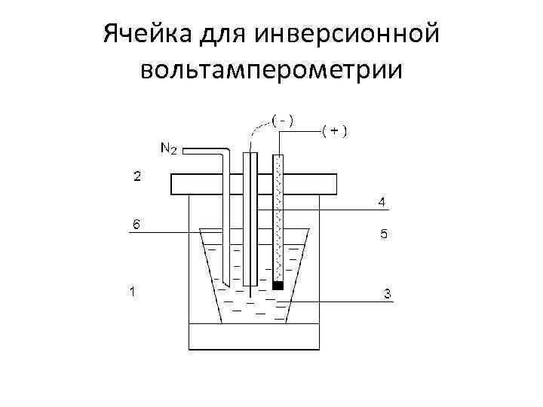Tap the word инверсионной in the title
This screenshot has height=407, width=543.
348,35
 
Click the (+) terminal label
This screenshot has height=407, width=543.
335,130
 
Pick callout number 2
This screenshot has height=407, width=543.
137,176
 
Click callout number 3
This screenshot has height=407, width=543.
387,294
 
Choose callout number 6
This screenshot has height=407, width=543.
136,224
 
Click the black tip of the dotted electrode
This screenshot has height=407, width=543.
278,286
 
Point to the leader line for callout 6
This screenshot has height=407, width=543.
166,233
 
